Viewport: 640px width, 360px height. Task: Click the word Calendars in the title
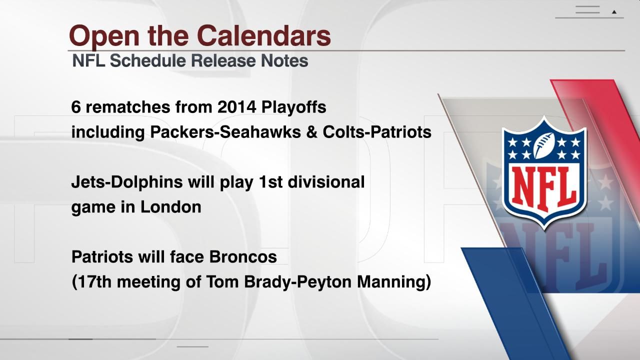(x=263, y=35)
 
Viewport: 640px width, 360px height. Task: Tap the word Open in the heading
(x=104, y=37)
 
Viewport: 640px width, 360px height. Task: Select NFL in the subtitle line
(x=88, y=60)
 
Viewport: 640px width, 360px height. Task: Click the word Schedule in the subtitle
(x=147, y=60)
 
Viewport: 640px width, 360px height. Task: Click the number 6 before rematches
(x=75, y=107)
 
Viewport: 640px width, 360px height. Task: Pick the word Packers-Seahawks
(x=225, y=132)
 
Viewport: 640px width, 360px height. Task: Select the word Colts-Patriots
(x=377, y=132)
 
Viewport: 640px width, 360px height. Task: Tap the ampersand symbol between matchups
(x=311, y=132)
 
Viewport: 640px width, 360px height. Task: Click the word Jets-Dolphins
(x=127, y=182)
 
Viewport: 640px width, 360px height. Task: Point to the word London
(x=171, y=207)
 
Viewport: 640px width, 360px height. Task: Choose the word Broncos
(x=243, y=257)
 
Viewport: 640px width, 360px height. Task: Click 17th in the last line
(x=94, y=281)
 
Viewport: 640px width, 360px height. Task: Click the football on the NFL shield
(x=544, y=145)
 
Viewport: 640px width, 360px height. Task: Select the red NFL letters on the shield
(x=543, y=188)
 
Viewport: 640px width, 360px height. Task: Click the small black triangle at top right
(x=614, y=12)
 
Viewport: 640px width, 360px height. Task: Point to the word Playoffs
(x=293, y=107)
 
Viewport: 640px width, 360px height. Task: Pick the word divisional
(x=326, y=182)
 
